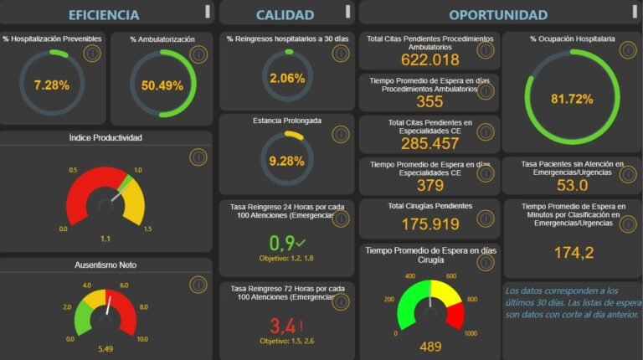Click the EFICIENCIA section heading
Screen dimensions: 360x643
[x=104, y=14]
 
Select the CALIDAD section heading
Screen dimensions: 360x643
[x=285, y=14]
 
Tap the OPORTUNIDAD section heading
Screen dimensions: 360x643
[x=498, y=14]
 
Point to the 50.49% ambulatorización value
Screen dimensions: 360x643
[x=162, y=85]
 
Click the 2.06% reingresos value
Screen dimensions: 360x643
[x=287, y=78]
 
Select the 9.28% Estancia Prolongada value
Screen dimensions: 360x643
[x=287, y=160]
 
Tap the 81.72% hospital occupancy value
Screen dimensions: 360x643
[x=572, y=99]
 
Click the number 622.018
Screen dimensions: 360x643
[x=430, y=60]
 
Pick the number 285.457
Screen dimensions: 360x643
[x=430, y=143]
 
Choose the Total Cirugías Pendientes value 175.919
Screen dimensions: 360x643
[x=430, y=224]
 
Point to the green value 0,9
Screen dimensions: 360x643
[x=283, y=244]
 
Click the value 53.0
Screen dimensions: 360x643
[x=572, y=185]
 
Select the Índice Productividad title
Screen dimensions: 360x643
[x=105, y=137]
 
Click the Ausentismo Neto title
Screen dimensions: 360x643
[x=105, y=265]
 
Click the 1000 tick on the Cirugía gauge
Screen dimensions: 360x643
[x=471, y=333]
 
